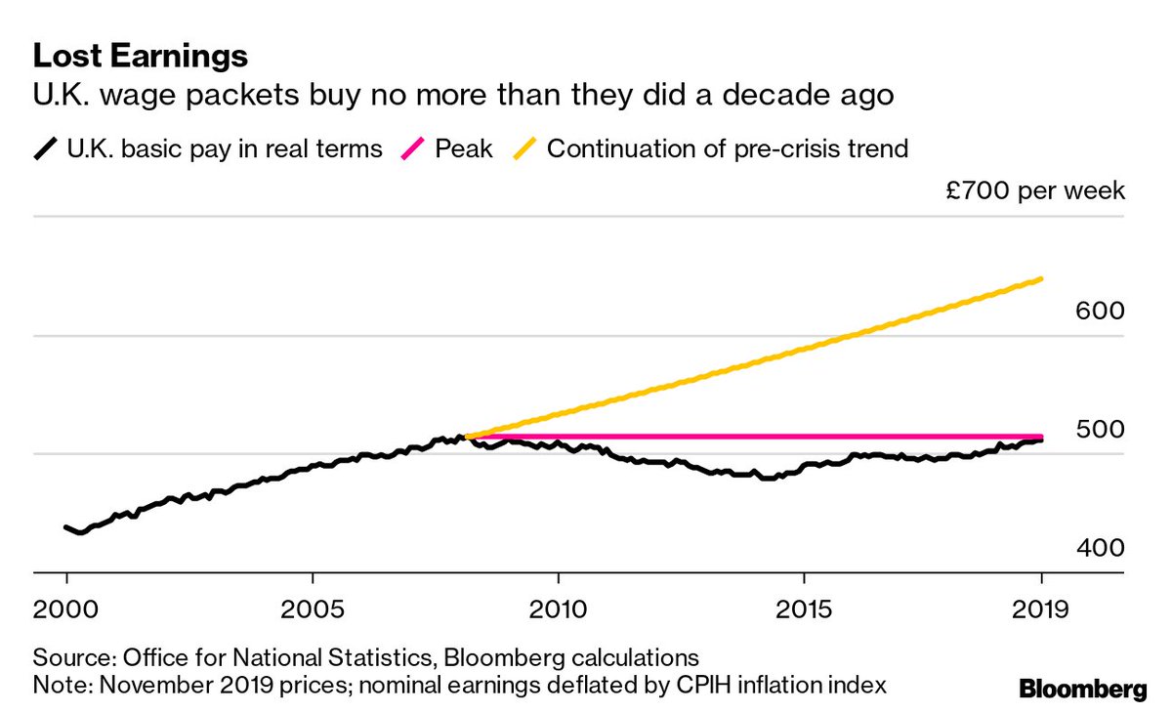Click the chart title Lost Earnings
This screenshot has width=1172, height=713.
(141, 55)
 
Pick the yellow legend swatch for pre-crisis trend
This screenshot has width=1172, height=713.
(523, 149)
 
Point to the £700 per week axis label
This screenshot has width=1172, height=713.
(1034, 189)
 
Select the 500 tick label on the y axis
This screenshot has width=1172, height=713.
(1101, 429)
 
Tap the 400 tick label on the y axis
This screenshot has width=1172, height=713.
(1101, 547)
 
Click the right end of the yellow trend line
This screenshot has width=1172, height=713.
(1042, 279)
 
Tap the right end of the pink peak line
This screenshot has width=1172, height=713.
(1042, 437)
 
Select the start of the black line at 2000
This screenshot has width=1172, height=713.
(66, 527)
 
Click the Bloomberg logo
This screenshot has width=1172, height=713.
(1083, 691)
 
